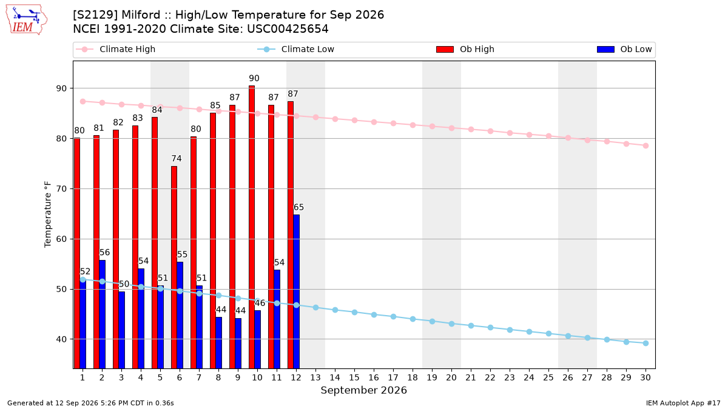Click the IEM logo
pos(26,20)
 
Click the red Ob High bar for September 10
pos(252,227)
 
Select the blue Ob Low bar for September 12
pos(297,291)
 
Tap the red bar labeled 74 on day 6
pos(174,267)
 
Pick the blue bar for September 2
pos(102,314)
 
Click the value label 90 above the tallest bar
pos(254,78)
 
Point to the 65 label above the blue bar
pos(298,207)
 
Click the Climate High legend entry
pos(116,49)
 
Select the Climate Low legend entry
pos(296,49)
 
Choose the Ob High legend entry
pos(465,49)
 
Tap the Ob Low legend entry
pos(624,49)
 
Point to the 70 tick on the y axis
pos(61,189)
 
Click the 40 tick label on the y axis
pos(61,339)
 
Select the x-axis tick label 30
pos(645,377)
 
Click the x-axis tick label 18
pos(413,377)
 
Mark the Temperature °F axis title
pos(48,214)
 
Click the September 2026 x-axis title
pos(363,390)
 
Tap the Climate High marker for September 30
pos(645,146)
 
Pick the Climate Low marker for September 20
pos(451,324)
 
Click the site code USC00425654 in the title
pos(288,29)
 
